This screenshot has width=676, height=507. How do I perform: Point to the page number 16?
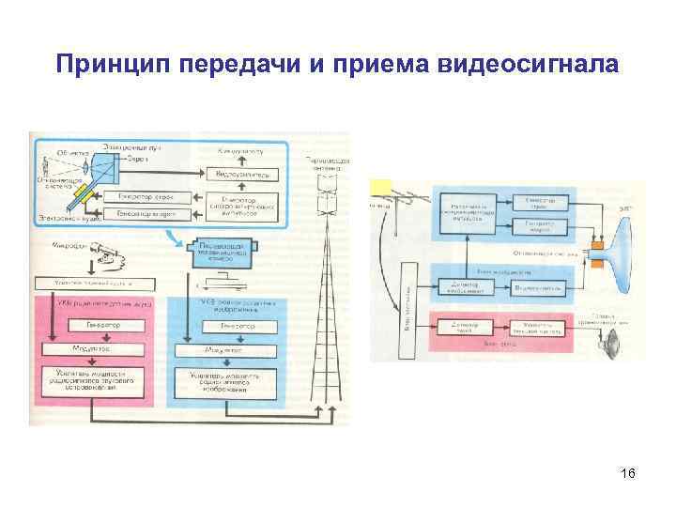coord(628,475)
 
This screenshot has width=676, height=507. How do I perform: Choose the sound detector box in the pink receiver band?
coord(459,326)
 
